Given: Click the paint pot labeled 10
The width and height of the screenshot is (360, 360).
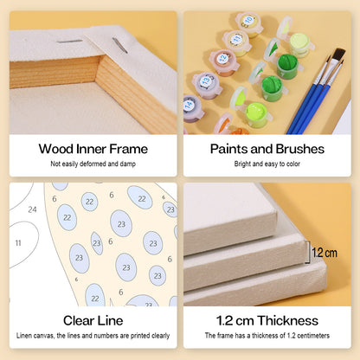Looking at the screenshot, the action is [249, 23].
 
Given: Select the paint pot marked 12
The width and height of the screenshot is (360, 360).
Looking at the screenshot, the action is [224, 62].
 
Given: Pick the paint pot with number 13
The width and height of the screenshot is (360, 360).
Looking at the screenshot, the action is [207, 85].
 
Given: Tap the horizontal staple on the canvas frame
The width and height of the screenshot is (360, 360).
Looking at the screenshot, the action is [70, 42].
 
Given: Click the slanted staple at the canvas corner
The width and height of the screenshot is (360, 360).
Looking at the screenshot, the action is [119, 46].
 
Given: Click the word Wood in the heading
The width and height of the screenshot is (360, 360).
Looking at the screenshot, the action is [56, 149].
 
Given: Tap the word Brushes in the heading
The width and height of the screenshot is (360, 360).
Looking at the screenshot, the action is [299, 149].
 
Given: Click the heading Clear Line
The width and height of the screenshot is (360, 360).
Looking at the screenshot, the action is [93, 320].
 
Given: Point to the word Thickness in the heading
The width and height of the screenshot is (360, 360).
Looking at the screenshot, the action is [287, 320].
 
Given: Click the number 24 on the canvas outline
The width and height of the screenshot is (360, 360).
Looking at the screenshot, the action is [32, 209].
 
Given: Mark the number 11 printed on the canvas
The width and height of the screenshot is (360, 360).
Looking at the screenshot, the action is [18, 243].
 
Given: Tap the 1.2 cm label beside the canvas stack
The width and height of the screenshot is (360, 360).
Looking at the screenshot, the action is [325, 253].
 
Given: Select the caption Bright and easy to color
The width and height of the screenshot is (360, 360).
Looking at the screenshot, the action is [267, 164].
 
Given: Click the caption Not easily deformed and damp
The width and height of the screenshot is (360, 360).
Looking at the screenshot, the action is [93, 164].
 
